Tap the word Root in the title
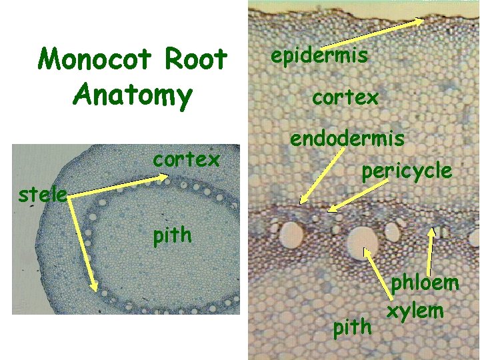[x=195, y=60]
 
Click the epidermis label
[x=319, y=55]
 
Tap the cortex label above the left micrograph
[x=186, y=160]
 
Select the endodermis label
[x=347, y=139]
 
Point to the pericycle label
[x=407, y=171]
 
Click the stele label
[x=42, y=196]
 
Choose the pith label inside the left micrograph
[x=172, y=235]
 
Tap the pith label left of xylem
[x=351, y=327]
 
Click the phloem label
[x=425, y=283]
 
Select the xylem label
[x=416, y=310]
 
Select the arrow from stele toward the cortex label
[x=117, y=186]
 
